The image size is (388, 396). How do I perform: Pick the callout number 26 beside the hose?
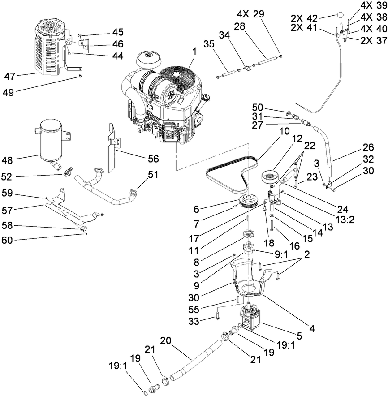click(368, 146)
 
